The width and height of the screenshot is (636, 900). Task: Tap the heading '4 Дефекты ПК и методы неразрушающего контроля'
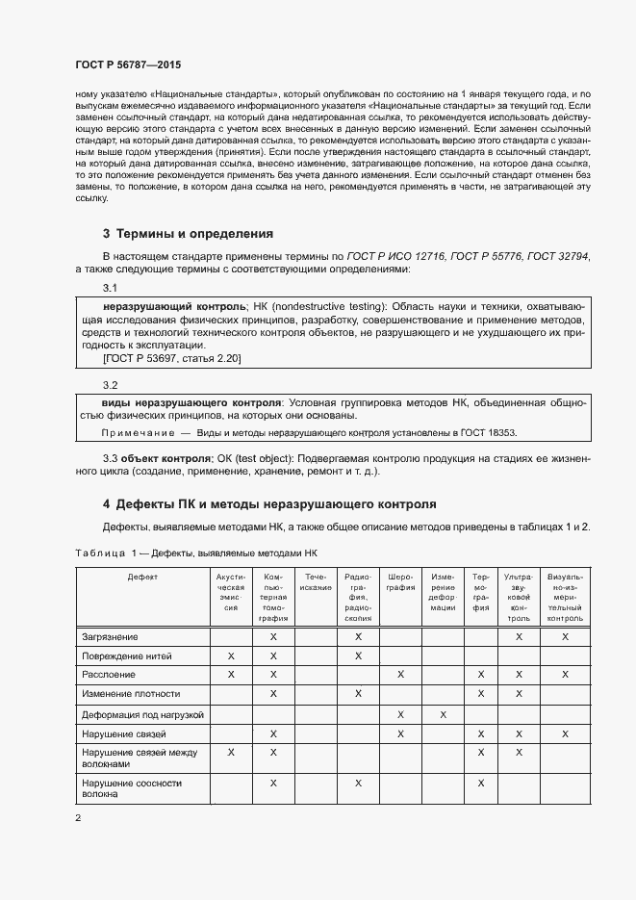269,503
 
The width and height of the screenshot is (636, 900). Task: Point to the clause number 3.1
110,289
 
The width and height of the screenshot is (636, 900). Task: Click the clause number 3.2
110,385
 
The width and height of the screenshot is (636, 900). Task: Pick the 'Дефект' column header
142,577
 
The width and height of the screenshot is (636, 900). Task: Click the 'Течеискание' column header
316,581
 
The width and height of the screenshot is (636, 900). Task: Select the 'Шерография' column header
400,581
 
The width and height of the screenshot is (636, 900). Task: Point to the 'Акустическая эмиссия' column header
231,592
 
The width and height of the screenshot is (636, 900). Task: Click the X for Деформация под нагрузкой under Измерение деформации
443,715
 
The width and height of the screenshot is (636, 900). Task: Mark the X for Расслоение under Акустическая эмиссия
231,675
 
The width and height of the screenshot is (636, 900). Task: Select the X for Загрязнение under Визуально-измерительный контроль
565,637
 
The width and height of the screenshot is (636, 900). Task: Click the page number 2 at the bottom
78,817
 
